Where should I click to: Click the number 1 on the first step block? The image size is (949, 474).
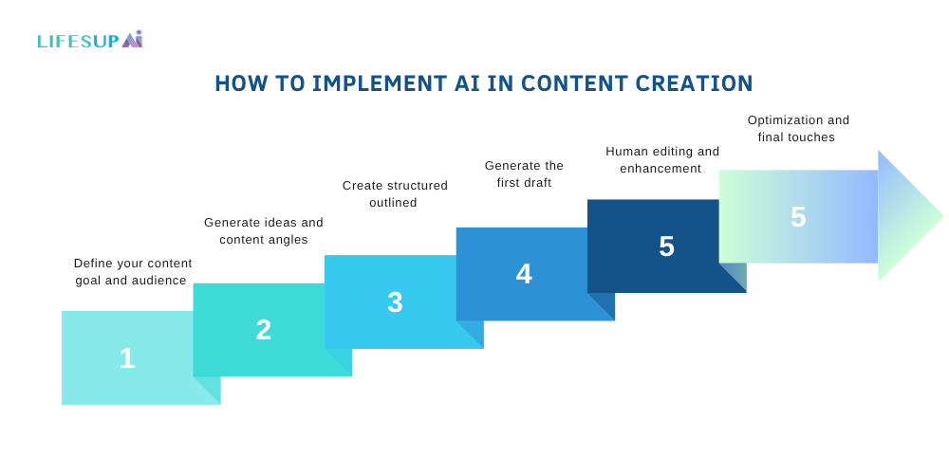127,358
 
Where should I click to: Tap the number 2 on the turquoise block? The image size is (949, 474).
264,330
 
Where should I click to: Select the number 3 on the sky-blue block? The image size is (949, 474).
395,302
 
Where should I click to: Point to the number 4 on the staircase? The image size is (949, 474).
524,274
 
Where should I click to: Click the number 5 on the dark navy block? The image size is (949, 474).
666,246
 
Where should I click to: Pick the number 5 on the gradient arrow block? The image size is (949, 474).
798,217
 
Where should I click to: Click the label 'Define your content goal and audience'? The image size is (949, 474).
133,272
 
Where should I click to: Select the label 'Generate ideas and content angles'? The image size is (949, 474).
264,231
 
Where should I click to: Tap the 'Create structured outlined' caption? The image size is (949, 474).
395,193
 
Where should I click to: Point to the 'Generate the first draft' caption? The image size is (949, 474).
524,174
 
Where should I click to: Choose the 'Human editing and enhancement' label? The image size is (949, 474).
662,159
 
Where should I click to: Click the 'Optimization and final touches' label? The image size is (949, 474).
798,128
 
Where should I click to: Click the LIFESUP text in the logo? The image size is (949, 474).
78,41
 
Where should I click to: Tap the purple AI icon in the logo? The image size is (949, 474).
132,39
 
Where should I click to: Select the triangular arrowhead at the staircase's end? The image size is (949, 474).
906,216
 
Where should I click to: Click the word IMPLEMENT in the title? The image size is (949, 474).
381,83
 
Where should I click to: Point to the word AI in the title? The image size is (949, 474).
467,83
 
